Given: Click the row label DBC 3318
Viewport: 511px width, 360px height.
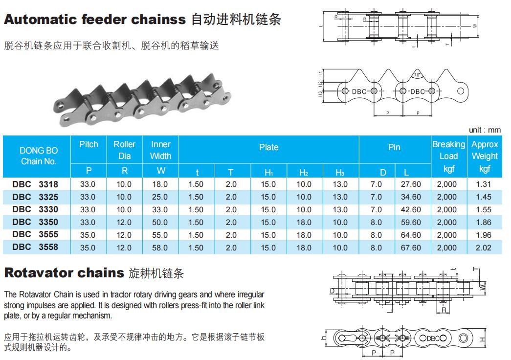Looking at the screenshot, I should coord(36,184).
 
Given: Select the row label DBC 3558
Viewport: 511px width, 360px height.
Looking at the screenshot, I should coord(36,247).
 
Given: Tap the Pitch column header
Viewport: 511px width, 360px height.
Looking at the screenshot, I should coord(89,144).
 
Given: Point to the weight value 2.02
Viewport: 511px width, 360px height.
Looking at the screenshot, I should coord(484,247).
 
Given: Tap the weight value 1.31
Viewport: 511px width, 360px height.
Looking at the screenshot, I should coord(484,184).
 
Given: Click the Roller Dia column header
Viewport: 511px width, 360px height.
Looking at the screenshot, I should coord(124,150).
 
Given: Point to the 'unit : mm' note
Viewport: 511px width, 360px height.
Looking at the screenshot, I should coord(485,130).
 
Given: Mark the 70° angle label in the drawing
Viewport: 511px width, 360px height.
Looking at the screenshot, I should coord(417,75).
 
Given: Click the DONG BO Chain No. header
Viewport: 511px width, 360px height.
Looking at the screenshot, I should coord(38,156).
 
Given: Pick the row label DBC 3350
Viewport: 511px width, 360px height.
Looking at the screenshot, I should coord(36,222).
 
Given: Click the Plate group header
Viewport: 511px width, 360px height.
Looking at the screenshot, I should coord(268,147).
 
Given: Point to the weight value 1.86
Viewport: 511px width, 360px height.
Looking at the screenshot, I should coord(484,222).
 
